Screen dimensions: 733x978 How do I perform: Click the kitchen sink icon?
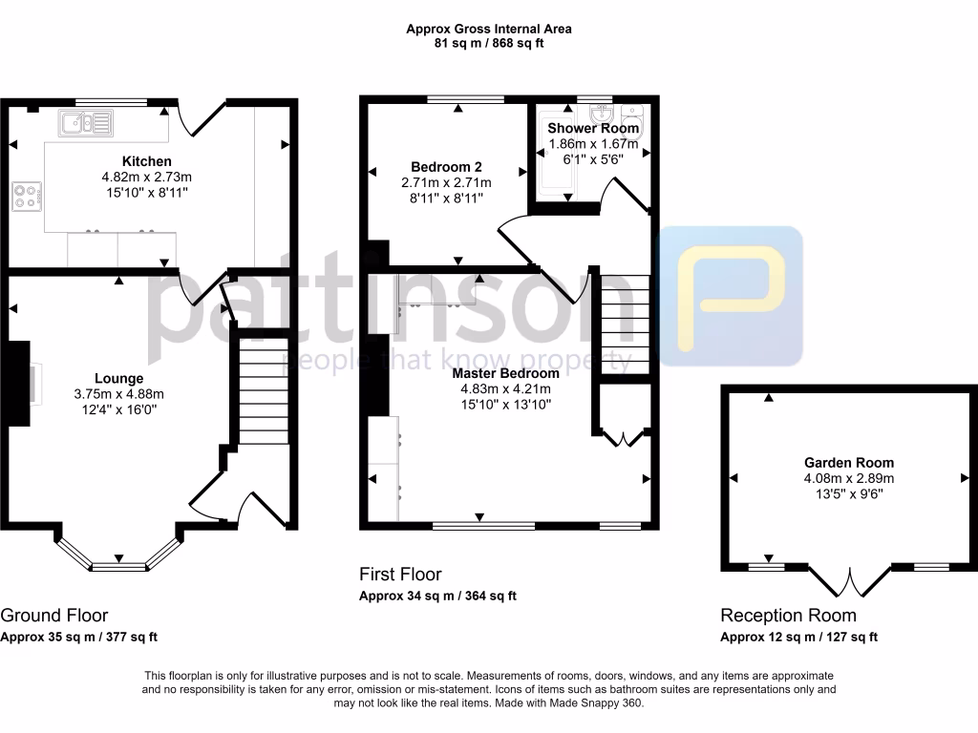[81, 121]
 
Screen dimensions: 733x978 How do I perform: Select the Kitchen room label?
[147, 161]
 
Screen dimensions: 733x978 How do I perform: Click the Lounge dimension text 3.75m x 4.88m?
[119, 394]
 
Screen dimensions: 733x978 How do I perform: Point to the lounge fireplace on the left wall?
[19, 382]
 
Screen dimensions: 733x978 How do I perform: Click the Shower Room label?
[593, 129]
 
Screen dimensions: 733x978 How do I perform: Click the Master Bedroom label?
[505, 373]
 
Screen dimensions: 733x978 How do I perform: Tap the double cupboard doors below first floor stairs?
[623, 438]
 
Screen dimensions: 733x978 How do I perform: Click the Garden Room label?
[848, 463]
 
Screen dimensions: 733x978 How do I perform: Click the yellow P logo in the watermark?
[732, 296]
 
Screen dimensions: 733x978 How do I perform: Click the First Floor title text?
[400, 575]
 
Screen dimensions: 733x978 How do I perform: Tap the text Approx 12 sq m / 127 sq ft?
[798, 638]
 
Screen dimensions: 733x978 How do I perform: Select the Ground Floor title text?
[54, 616]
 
